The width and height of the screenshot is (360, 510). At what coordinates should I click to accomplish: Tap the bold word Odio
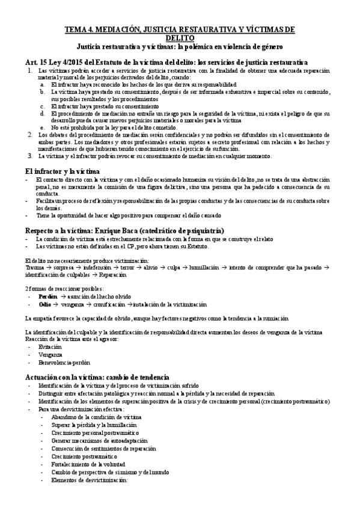(44, 305)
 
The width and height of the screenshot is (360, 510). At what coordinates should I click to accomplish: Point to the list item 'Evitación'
(50, 347)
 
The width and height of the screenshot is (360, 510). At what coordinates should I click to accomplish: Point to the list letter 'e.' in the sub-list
(43, 128)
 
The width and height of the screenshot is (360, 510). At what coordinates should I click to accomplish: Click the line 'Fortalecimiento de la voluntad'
(88, 464)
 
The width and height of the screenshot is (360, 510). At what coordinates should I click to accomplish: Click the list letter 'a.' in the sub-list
(43, 85)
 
